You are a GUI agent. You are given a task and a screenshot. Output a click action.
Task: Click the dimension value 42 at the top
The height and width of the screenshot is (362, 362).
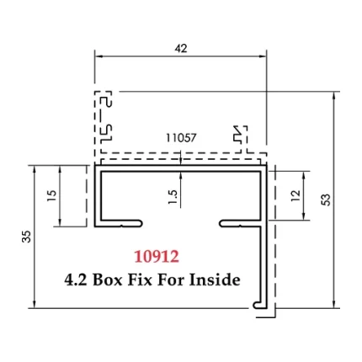click(x=180, y=48)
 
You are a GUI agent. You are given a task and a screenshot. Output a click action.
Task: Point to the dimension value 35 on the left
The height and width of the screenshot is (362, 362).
click(x=25, y=238)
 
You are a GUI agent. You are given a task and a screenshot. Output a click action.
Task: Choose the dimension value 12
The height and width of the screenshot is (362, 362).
click(x=293, y=194)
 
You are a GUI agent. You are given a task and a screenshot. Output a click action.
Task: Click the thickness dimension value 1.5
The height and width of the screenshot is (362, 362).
click(x=173, y=196)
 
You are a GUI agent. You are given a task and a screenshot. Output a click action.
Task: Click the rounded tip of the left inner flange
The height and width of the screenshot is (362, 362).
click(x=139, y=223)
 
